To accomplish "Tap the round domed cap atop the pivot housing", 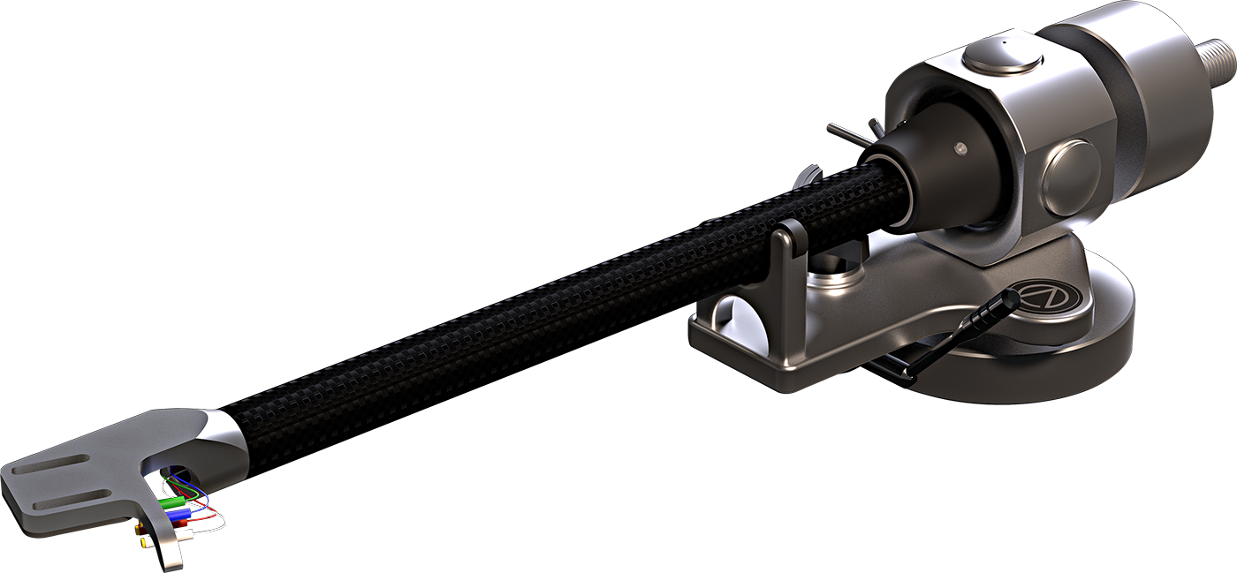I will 1001,56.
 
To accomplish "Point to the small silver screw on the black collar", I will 959,149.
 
